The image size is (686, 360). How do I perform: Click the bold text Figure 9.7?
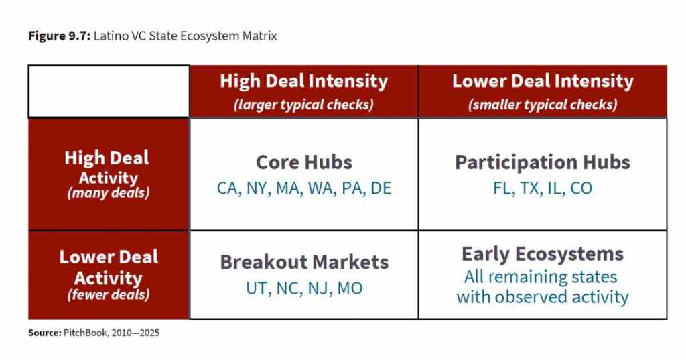(x=59, y=36)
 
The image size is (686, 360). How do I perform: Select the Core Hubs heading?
(x=304, y=162)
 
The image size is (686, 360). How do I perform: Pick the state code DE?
(x=381, y=188)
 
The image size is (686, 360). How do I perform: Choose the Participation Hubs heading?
(x=543, y=162)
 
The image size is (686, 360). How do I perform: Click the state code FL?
(x=503, y=188)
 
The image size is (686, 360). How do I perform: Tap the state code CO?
(x=581, y=188)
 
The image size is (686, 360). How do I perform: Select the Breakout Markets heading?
(x=304, y=262)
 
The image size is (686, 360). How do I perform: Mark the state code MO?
(x=350, y=289)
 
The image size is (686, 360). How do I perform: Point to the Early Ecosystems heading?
(x=543, y=255)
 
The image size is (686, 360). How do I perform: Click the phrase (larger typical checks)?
(x=303, y=105)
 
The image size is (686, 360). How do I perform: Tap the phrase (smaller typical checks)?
(x=543, y=105)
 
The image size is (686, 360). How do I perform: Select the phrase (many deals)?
(x=109, y=193)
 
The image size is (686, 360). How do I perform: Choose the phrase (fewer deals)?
(x=109, y=295)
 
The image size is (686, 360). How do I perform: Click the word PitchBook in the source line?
(x=85, y=333)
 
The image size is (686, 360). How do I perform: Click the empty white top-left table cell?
(x=109, y=92)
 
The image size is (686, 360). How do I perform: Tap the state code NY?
(x=257, y=188)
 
